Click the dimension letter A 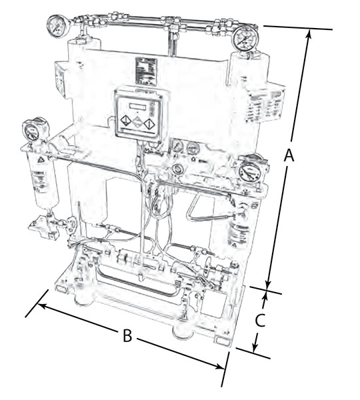289,155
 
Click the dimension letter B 127,335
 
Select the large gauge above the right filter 249,171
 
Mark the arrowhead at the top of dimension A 309,34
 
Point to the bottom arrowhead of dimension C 255,349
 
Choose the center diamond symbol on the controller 137,123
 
